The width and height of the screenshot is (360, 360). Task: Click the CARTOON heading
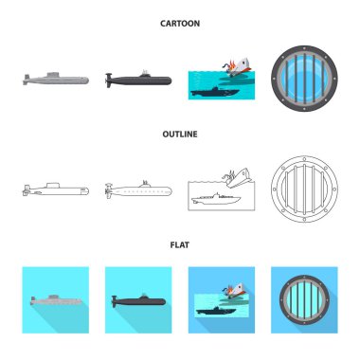click(180, 24)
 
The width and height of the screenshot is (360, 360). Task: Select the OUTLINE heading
click(180, 135)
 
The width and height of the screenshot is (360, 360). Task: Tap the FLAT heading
click(180, 244)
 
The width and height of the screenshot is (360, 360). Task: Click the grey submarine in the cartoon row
click(56, 79)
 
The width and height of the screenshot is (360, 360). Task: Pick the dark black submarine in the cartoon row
click(138, 80)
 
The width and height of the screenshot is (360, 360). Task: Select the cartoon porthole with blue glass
click(304, 78)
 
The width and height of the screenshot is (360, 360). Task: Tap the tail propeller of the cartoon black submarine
click(109, 81)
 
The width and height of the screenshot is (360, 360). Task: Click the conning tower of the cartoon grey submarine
click(53, 75)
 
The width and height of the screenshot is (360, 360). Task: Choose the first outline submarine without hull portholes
click(56, 189)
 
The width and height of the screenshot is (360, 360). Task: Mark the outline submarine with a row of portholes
click(138, 189)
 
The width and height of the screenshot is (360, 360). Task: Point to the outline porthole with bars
click(304, 189)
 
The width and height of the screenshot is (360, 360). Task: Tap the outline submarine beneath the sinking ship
click(216, 199)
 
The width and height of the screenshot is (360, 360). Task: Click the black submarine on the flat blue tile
click(138, 300)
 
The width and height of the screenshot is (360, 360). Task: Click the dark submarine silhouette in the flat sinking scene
click(216, 311)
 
